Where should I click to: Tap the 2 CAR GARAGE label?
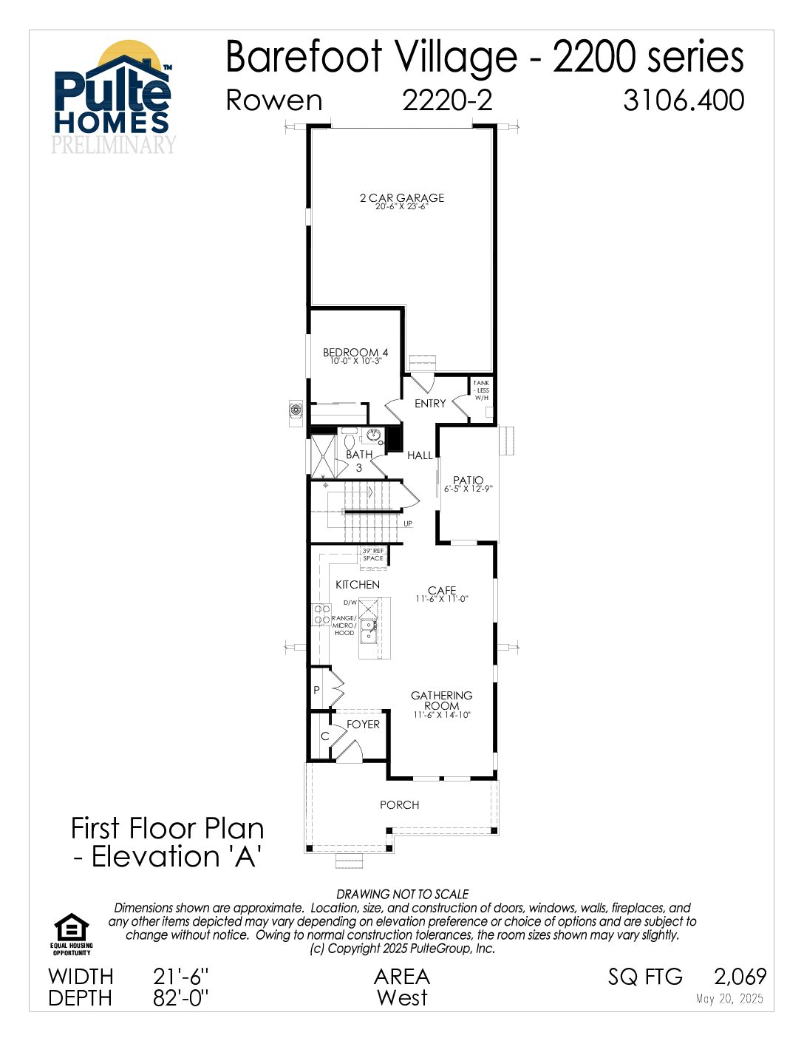[x=402, y=198]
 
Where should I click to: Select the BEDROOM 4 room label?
[x=355, y=353]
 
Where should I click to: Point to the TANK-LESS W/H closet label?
[x=481, y=390]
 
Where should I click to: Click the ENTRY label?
[x=430, y=404]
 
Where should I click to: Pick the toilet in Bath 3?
[x=349, y=437]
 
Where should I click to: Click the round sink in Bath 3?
[x=373, y=435]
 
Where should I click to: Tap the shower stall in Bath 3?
[x=323, y=456]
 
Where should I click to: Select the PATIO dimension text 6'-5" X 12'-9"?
[x=468, y=489]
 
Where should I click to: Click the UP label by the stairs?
[x=407, y=523]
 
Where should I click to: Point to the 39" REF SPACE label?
[x=372, y=555]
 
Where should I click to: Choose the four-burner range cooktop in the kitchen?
[x=321, y=614]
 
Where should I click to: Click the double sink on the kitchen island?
[x=369, y=631]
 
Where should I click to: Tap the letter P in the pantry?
[x=316, y=691]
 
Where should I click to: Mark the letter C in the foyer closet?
[x=324, y=736]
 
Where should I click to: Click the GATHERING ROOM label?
[x=441, y=700]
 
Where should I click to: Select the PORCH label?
[x=399, y=805]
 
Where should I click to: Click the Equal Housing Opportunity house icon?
[x=72, y=927]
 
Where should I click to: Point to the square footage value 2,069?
[x=740, y=977]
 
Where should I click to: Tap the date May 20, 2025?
[x=729, y=999]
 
